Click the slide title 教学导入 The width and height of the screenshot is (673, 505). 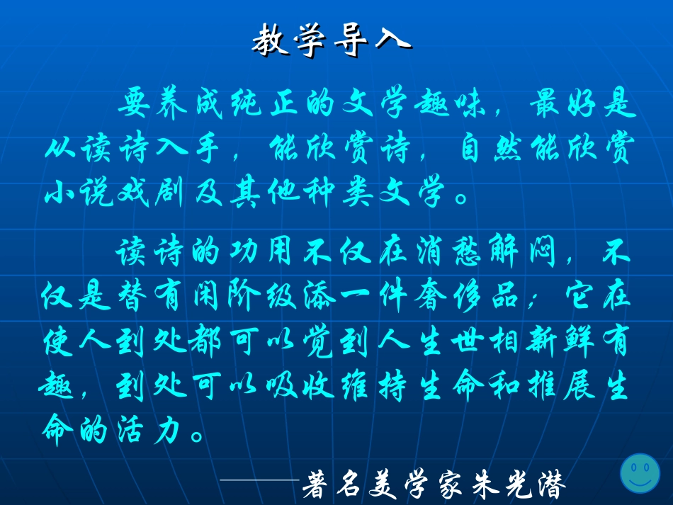(x=331, y=41)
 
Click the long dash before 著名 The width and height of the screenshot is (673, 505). (x=260, y=481)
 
